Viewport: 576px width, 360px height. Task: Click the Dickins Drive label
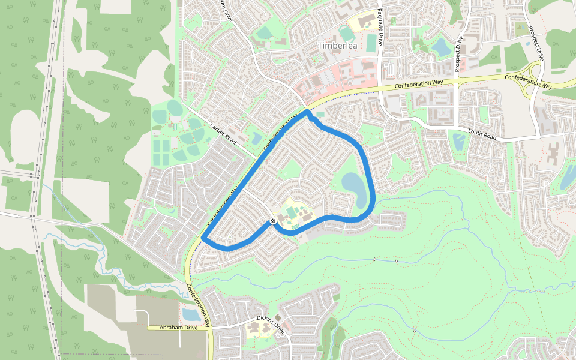(x=269, y=320)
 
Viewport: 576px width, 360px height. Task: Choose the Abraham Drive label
(x=178, y=328)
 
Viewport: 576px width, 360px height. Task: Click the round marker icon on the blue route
(x=273, y=221)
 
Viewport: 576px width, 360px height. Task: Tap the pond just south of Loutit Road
(x=459, y=142)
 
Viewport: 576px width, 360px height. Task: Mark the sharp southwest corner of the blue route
(x=203, y=239)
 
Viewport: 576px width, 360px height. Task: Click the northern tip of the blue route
(x=307, y=112)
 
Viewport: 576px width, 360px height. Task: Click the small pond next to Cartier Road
(x=256, y=139)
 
